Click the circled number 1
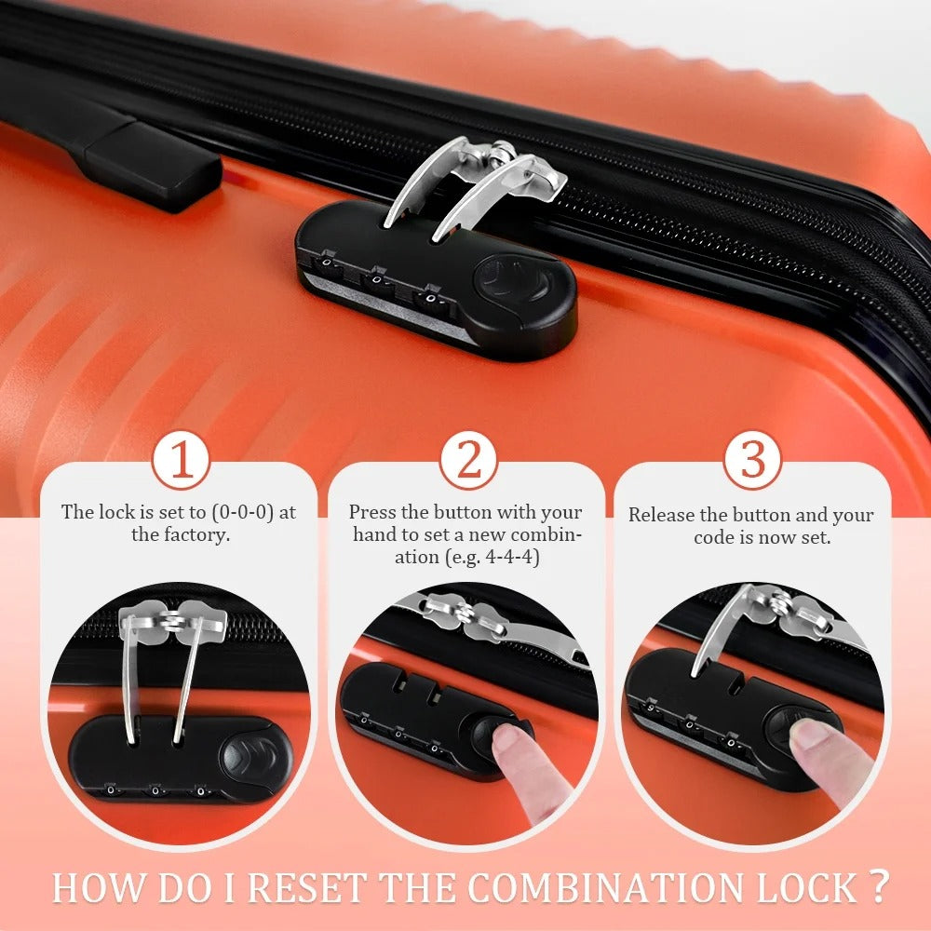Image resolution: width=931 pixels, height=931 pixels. click(x=182, y=461)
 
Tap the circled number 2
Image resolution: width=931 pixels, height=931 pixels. click(x=468, y=461)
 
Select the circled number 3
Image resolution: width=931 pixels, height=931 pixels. click(x=753, y=461)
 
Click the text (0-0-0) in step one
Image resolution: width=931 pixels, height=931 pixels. click(x=242, y=512)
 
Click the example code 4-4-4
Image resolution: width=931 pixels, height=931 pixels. click(x=512, y=557)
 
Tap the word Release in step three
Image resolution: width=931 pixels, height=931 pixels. click(x=661, y=514)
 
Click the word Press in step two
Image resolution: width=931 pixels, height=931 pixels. click(x=372, y=512)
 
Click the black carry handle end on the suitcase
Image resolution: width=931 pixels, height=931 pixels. click(x=152, y=167)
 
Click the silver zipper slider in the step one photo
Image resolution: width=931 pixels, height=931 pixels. click(x=172, y=621)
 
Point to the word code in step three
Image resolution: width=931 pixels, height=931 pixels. click(x=715, y=537)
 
